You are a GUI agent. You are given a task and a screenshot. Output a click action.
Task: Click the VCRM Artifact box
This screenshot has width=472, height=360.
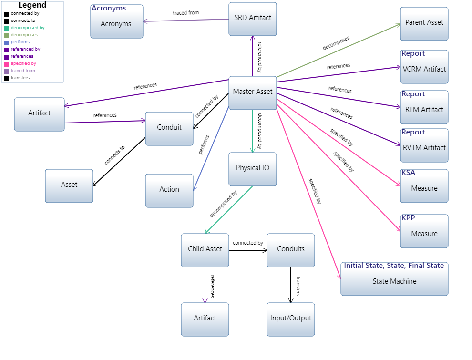click(424, 69)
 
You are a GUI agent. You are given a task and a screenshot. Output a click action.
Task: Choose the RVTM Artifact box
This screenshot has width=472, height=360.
click(424, 148)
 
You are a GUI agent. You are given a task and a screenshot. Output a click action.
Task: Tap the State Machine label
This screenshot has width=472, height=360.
click(394, 282)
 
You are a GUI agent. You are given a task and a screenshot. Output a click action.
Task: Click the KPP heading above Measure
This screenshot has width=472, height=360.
click(408, 218)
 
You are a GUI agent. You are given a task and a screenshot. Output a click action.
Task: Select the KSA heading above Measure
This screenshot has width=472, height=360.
click(408, 173)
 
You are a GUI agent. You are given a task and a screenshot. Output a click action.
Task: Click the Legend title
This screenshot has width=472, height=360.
click(32, 5)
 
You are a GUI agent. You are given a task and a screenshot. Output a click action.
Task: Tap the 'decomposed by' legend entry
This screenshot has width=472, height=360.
click(28, 28)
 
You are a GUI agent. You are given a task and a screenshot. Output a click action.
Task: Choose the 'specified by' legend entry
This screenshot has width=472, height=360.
click(23, 63)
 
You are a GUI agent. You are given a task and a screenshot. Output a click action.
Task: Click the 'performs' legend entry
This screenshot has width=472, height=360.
click(20, 42)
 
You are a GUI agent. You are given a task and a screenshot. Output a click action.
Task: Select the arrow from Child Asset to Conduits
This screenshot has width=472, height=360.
click(247, 250)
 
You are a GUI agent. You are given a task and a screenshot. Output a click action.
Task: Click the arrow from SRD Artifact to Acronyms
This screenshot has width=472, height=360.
click(186, 21)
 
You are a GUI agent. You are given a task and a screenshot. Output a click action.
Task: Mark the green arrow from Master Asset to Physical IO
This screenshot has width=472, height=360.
click(253, 131)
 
